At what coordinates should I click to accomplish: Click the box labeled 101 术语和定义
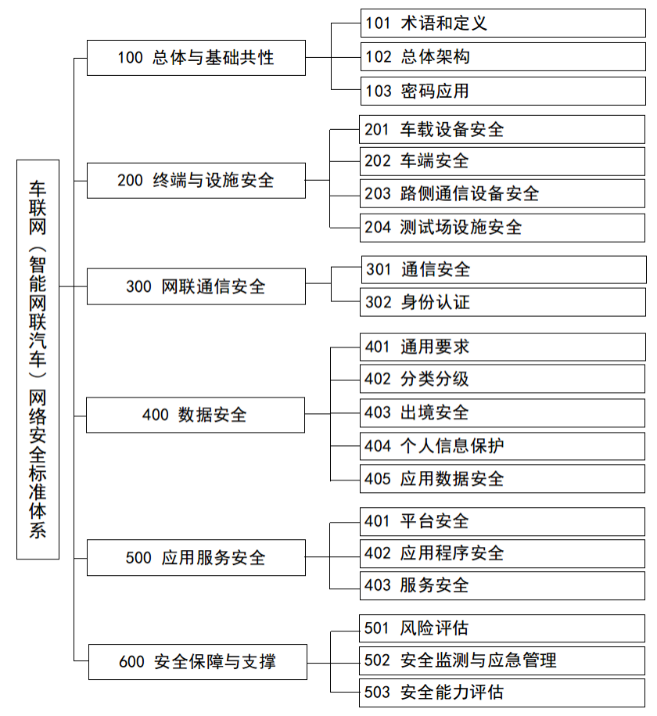tap(503, 23)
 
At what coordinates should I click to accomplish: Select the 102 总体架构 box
tap(503, 56)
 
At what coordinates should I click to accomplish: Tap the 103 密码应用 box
tap(503, 91)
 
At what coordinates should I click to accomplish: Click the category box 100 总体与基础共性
tap(196, 58)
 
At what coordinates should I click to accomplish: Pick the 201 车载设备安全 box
tap(502, 129)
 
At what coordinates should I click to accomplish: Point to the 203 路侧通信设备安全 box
tap(502, 193)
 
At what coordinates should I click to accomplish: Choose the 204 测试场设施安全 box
tap(502, 228)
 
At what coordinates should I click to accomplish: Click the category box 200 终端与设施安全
tap(196, 181)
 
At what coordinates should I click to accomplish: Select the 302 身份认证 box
tap(503, 302)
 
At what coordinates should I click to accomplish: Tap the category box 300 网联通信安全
tap(196, 286)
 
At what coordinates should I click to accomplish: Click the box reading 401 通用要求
tap(503, 347)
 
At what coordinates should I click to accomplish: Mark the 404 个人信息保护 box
tap(502, 446)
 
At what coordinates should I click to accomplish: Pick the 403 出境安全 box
tap(502, 413)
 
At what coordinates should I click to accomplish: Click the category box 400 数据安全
tap(196, 415)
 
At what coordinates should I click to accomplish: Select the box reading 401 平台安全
tap(502, 521)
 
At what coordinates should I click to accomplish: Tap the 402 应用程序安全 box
tap(502, 553)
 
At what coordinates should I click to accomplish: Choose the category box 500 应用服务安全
tap(196, 558)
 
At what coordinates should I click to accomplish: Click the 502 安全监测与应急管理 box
tap(502, 660)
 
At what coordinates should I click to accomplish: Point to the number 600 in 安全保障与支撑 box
tap(131, 662)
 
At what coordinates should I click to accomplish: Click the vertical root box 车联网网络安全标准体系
tap(38, 359)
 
